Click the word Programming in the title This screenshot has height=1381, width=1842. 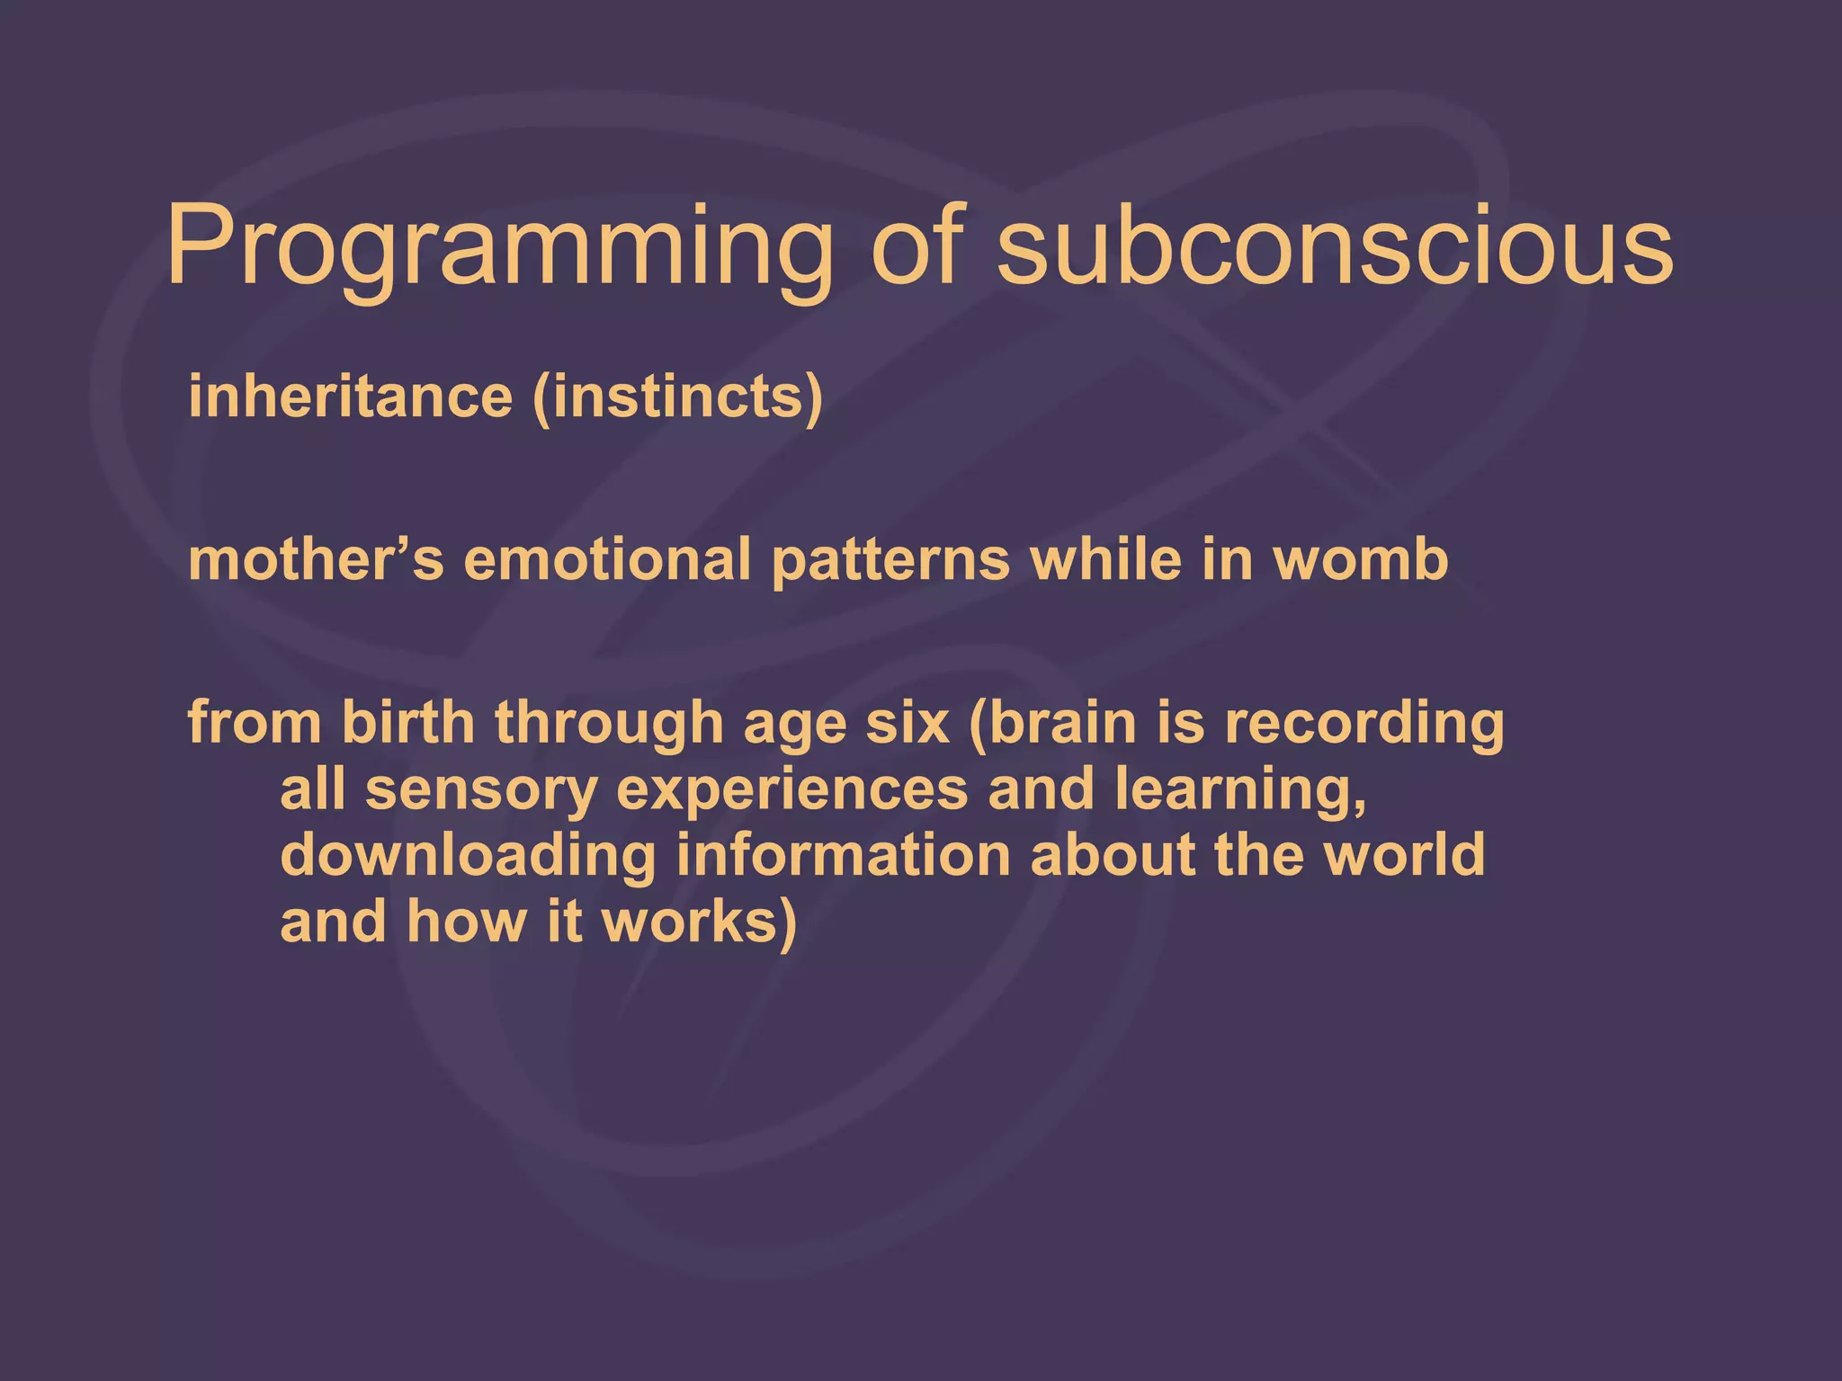(x=500, y=247)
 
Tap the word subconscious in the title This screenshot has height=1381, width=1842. (x=1335, y=247)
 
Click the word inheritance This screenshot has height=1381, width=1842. (x=350, y=396)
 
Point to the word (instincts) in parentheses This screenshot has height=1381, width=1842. (x=677, y=398)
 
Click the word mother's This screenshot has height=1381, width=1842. (x=316, y=560)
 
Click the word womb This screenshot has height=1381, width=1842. (x=1361, y=560)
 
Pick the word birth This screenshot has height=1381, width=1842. (x=407, y=723)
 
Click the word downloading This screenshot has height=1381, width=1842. (x=468, y=855)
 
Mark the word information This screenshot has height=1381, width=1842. (x=843, y=855)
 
